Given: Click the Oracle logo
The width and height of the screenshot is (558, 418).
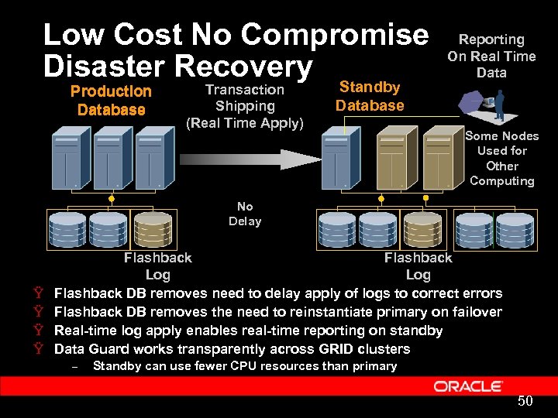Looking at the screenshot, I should click(468, 386).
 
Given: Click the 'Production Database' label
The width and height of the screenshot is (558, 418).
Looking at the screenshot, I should click(111, 101).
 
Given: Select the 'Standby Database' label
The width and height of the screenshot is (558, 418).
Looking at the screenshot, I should click(370, 96).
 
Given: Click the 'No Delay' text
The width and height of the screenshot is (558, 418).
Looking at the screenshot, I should click(245, 214).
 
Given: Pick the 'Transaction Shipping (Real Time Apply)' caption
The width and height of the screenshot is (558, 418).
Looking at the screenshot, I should click(245, 106).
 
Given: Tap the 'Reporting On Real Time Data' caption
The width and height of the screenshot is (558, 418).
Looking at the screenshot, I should click(491, 56).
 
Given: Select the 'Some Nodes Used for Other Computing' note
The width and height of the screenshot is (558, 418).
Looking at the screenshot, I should click(501, 158).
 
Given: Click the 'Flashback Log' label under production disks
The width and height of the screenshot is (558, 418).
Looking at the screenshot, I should click(158, 266).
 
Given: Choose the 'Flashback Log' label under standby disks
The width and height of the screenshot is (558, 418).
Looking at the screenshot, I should click(418, 266).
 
